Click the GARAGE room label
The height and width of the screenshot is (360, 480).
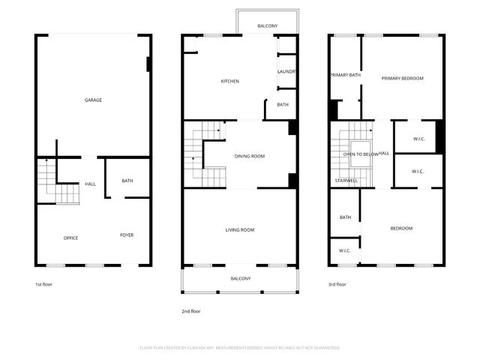click(93, 100)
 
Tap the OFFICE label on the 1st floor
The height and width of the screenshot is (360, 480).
click(70, 238)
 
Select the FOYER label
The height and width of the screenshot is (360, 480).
click(127, 235)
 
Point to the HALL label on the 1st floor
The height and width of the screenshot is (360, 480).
click(90, 184)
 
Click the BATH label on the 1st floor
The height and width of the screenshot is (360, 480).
click(127, 180)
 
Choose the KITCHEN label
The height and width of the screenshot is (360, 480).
click(229, 81)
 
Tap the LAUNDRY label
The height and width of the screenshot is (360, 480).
click(286, 71)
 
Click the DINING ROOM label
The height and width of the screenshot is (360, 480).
click(249, 156)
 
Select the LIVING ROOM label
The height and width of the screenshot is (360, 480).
click(240, 229)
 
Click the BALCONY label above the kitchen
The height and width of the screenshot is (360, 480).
click(267, 26)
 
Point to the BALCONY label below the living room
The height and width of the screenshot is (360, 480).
click(240, 278)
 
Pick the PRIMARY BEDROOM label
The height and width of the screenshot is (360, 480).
click(402, 78)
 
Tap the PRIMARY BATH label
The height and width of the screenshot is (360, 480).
click(345, 75)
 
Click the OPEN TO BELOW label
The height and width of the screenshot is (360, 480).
click(360, 154)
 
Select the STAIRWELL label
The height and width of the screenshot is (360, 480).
click(346, 181)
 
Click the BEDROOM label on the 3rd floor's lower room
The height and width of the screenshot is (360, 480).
click(400, 228)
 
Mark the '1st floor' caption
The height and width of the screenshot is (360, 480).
click(43, 284)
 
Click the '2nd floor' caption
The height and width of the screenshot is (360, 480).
click(190, 310)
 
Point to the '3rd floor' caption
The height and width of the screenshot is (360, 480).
click(337, 284)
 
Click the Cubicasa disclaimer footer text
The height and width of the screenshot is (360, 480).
click(240, 347)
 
